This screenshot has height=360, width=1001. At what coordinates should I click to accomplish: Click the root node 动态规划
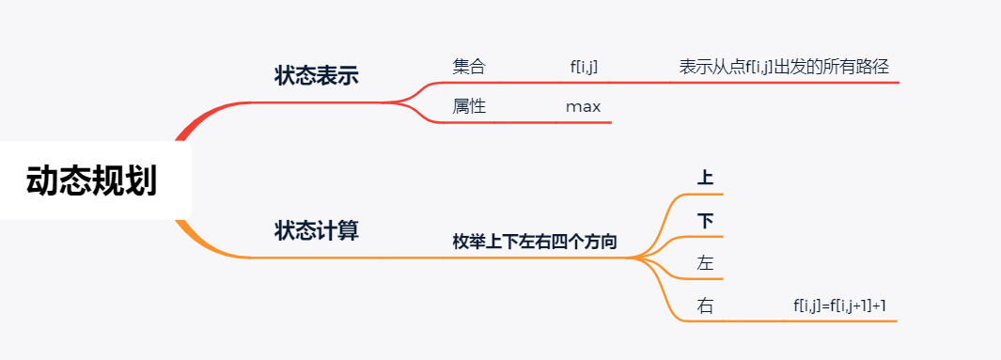91,180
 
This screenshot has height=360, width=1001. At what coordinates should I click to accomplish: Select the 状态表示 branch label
316,76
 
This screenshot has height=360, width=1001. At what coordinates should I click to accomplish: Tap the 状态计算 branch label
316,230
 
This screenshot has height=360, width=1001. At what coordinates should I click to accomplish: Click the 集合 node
469,67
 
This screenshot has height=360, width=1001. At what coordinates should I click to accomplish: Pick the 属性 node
469,106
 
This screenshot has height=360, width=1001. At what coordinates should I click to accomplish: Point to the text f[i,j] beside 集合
584,67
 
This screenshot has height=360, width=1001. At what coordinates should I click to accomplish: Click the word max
583,106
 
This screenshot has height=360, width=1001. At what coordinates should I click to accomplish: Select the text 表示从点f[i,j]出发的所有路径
784,67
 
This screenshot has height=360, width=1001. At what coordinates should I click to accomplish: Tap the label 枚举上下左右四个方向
535,242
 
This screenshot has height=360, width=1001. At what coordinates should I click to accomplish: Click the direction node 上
706,177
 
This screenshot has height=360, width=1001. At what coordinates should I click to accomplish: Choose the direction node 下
706,221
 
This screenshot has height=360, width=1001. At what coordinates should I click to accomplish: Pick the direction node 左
706,263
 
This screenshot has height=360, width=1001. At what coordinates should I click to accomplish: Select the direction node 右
706,306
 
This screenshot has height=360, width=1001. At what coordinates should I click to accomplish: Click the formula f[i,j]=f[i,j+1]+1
841,305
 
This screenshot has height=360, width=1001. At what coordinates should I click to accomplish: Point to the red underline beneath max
583,122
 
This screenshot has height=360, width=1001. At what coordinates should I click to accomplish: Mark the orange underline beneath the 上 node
706,193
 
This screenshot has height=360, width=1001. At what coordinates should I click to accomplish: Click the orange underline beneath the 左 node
706,279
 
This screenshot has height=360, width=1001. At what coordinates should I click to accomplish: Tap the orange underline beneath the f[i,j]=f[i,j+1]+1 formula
841,321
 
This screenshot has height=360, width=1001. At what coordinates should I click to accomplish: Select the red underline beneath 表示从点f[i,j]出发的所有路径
784,83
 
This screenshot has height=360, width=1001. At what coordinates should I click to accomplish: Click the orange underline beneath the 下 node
706,236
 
